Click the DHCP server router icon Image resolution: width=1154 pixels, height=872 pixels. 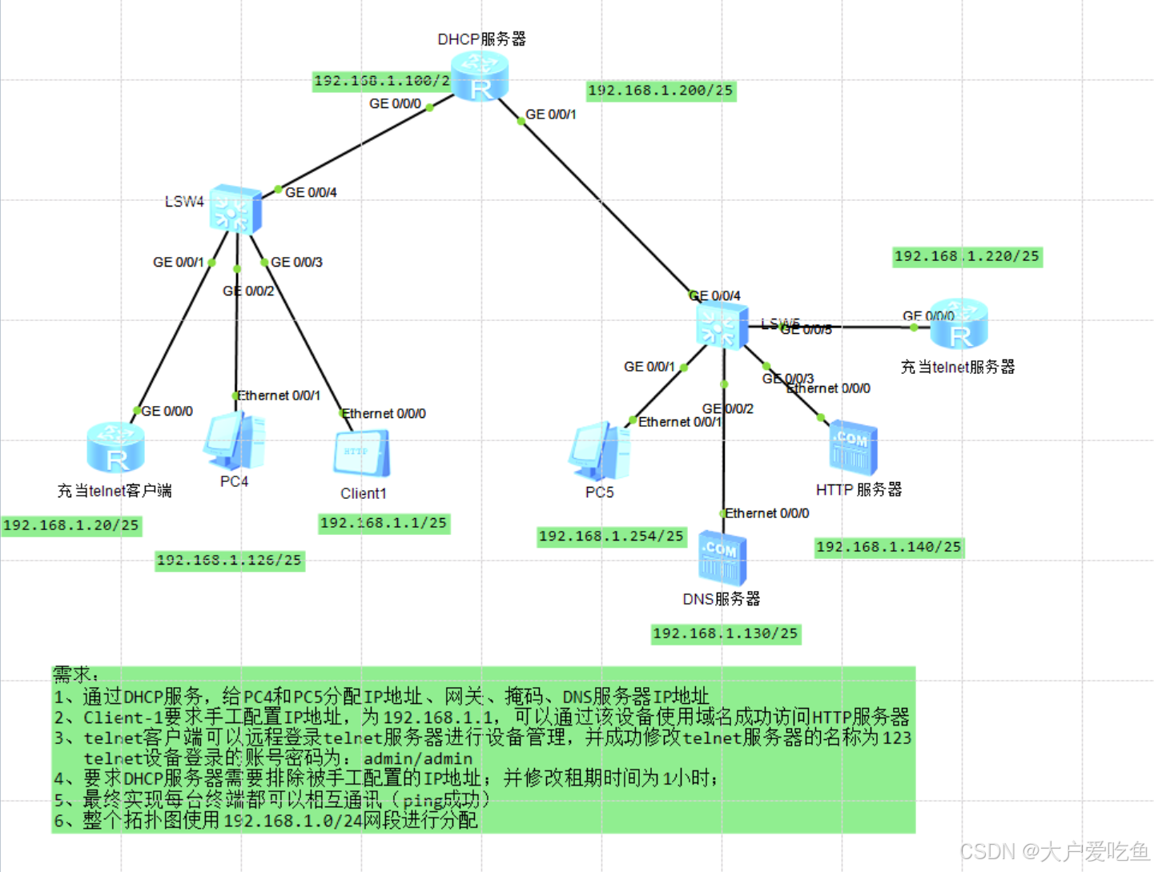pyautogui.click(x=480, y=77)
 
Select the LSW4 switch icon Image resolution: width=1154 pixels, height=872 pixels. pyautogui.click(x=235, y=210)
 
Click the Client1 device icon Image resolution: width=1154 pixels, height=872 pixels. pyautogui.click(x=362, y=454)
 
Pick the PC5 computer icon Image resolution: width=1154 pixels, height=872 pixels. pyautogui.click(x=599, y=452)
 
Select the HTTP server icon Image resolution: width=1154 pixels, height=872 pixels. pyautogui.click(x=854, y=447)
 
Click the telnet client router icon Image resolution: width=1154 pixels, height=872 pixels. pyautogui.click(x=116, y=448)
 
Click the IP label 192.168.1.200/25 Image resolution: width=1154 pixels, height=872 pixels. pyautogui.click(x=661, y=90)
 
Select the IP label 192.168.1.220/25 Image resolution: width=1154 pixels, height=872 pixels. pyautogui.click(x=967, y=256)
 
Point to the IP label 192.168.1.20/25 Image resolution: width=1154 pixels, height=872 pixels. pyautogui.click(x=71, y=525)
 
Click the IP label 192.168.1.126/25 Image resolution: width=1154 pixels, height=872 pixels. pyautogui.click(x=230, y=561)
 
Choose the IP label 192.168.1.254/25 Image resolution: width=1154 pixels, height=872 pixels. pyautogui.click(x=612, y=536)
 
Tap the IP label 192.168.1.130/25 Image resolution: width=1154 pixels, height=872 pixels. pyautogui.click(x=726, y=633)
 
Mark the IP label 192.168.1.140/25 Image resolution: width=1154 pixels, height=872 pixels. pyautogui.click(x=888, y=547)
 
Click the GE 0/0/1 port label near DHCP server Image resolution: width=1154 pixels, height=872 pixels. pyautogui.click(x=551, y=115)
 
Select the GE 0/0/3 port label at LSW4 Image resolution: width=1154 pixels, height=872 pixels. pyautogui.click(x=296, y=262)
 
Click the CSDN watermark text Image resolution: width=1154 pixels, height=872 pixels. pyautogui.click(x=1054, y=851)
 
